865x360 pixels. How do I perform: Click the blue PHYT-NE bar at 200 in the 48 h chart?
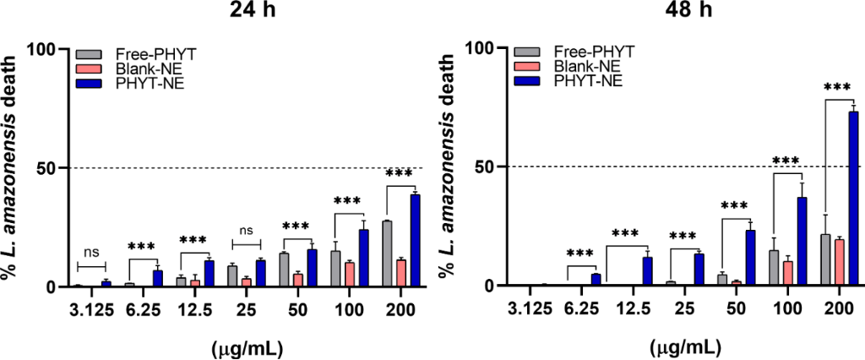coord(853,199)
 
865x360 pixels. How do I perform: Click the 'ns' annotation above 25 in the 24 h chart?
coord(245,230)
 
